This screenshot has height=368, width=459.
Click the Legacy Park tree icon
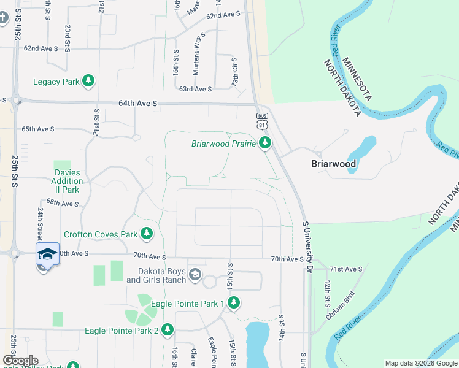88,81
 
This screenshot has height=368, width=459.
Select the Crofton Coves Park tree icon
146,234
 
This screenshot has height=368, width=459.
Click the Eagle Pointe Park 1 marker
234,302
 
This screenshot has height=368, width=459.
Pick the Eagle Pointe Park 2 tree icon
167,331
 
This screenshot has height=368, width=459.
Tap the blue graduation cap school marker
47,254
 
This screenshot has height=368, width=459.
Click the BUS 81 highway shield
262,121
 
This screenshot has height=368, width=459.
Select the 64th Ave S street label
138,104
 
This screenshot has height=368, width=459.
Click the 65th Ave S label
38,129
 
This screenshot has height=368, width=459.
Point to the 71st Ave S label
345,269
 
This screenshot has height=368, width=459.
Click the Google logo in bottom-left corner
20,361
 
